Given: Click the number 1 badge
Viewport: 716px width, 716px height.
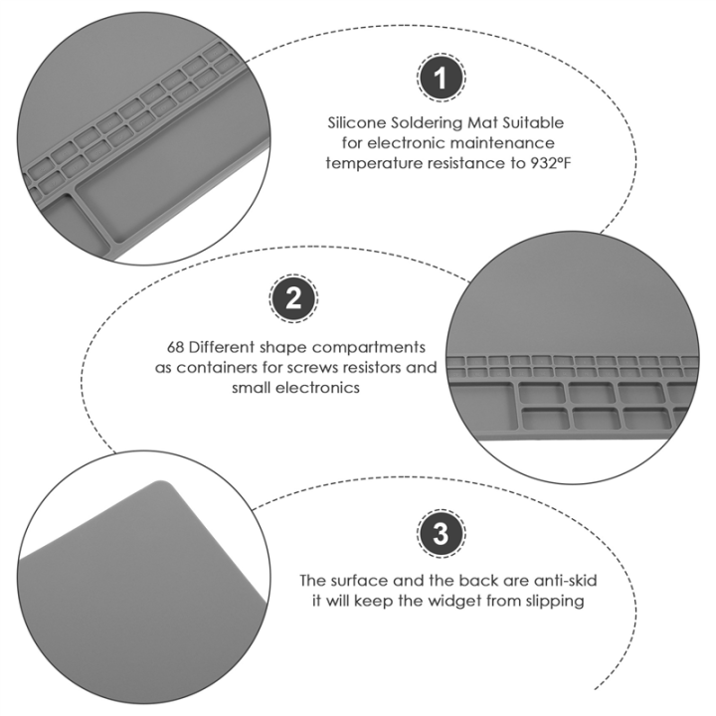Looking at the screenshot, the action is tap(441, 78).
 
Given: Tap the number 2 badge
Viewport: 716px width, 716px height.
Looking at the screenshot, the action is tap(293, 298).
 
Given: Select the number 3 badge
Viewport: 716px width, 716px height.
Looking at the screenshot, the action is tap(441, 533).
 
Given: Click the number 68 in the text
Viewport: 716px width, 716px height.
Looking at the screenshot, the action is tap(176, 347).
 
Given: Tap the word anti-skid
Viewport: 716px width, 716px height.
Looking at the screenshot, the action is tap(565, 581).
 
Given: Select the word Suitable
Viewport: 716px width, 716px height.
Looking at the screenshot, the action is tap(533, 123).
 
